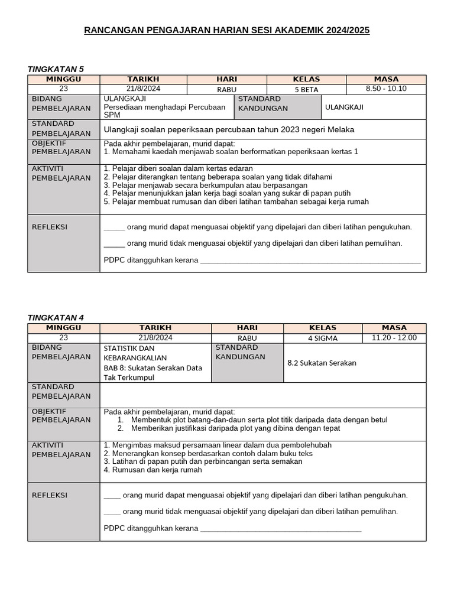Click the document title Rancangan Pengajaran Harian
click(x=227, y=30)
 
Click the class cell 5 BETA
click(x=306, y=90)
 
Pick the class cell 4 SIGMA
click(x=322, y=338)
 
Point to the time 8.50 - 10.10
click(x=386, y=89)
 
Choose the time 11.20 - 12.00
click(x=394, y=338)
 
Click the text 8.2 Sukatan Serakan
click(x=322, y=363)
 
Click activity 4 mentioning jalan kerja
click(x=227, y=193)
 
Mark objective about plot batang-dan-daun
click(x=259, y=420)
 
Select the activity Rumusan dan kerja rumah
click(x=153, y=470)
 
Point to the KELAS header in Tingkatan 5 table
click(x=306, y=79)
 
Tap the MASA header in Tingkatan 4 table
click(x=394, y=327)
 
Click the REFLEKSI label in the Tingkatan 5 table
click(x=49, y=227)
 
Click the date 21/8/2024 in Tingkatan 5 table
click(x=143, y=89)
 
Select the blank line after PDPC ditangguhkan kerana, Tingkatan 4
click(x=281, y=529)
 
